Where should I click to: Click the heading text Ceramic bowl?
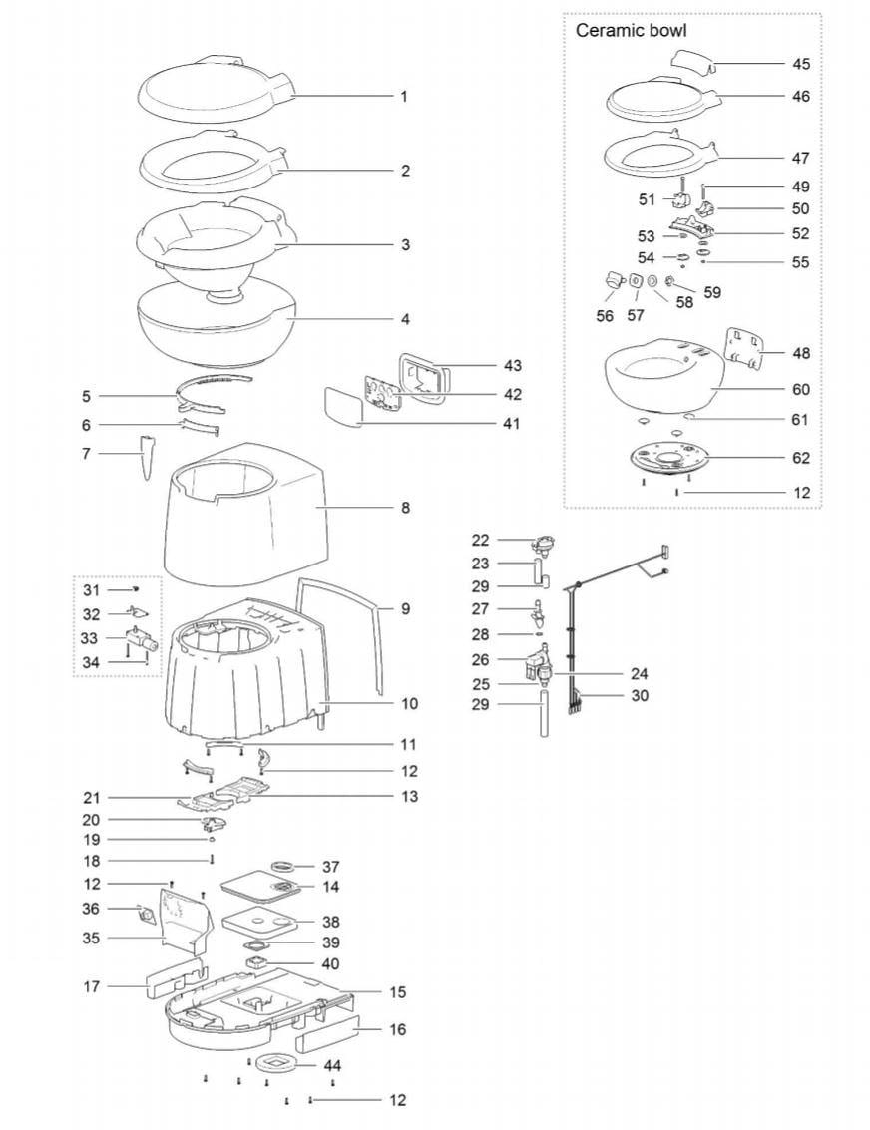tap(631, 30)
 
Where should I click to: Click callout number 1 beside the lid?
tap(404, 96)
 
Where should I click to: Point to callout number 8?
tap(405, 508)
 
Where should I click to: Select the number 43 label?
tap(512, 365)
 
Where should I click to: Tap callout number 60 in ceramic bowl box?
tap(801, 389)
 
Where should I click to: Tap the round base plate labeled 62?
tap(668, 459)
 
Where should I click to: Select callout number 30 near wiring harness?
tap(640, 695)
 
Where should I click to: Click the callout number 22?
tap(480, 540)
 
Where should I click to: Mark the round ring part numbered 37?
tap(284, 864)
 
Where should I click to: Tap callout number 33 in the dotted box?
tap(89, 638)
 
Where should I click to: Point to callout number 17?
tap(91, 985)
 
